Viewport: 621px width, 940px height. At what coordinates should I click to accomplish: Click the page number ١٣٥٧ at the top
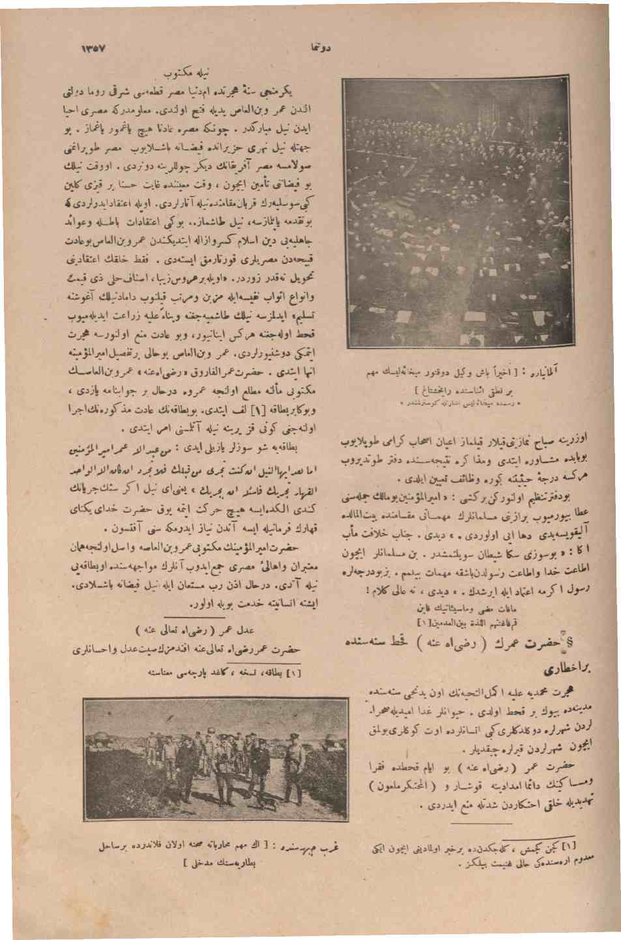coord(94,49)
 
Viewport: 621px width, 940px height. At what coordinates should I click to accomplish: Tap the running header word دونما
coord(319,50)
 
